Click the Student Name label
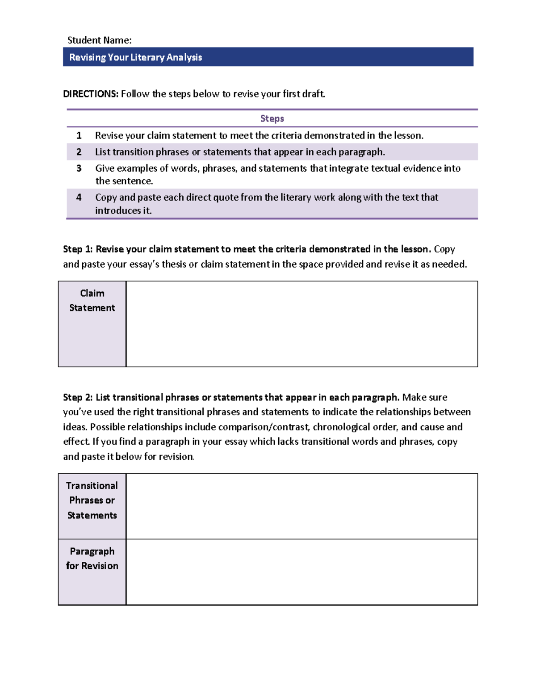pos(99,40)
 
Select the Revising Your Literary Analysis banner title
pos(135,57)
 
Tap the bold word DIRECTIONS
pos(90,94)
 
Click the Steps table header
pos(272,118)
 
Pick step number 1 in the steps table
pos(79,135)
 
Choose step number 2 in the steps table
pos(79,152)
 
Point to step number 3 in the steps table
pos(79,168)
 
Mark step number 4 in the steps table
pos(79,198)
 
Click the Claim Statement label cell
pos(92,324)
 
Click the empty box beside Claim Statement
pos(301,324)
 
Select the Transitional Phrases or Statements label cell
pos(92,506)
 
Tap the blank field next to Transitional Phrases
pos(301,506)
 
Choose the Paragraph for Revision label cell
pos(92,572)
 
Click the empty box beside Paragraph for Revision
pos(301,572)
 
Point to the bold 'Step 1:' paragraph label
pos(78,249)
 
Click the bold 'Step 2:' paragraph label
pos(78,397)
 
